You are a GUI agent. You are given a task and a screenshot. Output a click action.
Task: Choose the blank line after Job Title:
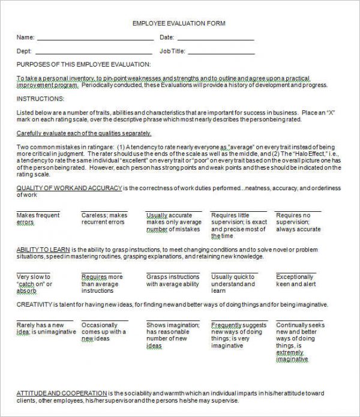click(224, 52)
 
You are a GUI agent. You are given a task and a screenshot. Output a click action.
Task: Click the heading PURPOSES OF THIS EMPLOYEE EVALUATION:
click(83, 64)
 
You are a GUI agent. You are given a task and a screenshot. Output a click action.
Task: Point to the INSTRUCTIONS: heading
click(40, 98)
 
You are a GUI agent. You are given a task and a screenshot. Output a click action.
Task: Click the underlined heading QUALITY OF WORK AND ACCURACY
click(69, 188)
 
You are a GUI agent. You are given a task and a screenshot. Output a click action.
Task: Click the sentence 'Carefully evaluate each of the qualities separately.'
click(84, 133)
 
